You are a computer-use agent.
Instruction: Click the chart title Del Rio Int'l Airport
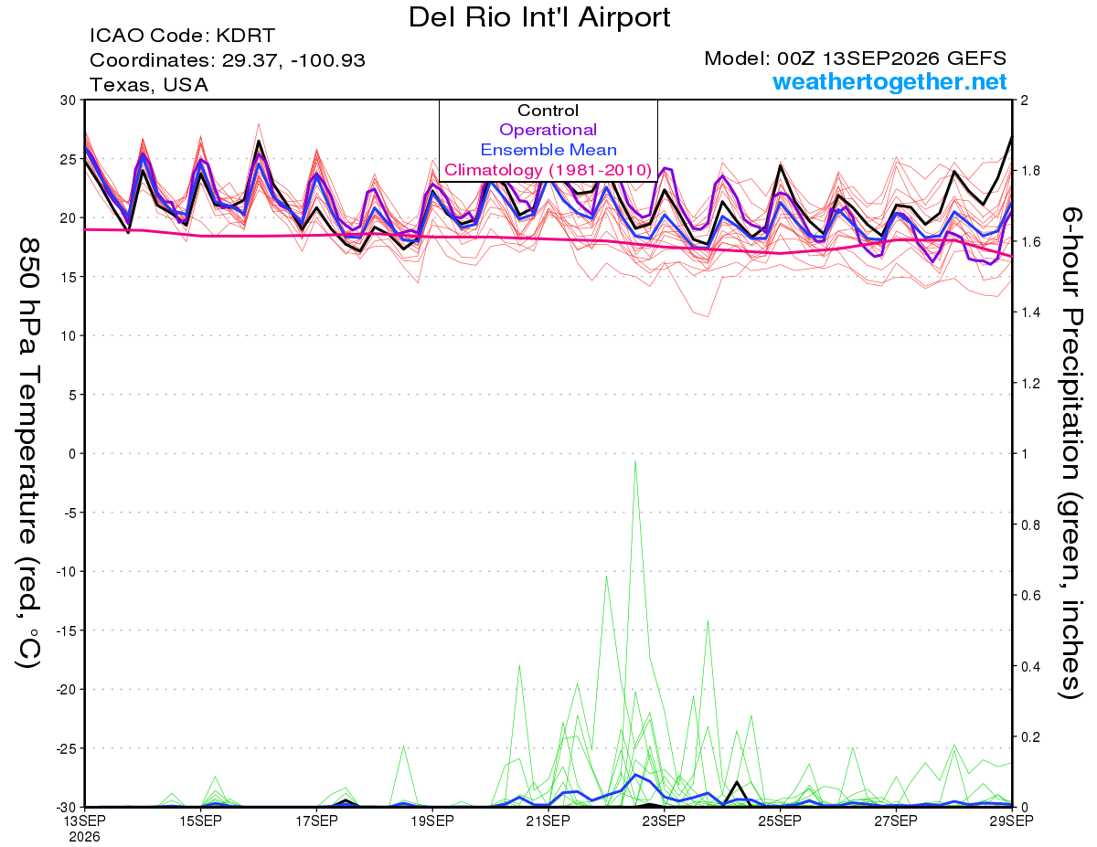[x=539, y=17]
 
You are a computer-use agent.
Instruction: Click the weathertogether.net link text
[x=889, y=81]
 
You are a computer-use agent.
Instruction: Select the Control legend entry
[x=548, y=111]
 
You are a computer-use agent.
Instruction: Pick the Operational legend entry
[x=548, y=130]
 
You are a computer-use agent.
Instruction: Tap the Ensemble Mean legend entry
[x=548, y=150]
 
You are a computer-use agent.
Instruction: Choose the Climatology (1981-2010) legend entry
[x=548, y=170]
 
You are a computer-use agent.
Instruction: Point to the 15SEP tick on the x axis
[x=200, y=821]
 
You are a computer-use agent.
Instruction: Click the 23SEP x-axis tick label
[x=664, y=821]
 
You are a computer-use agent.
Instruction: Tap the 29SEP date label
[x=1011, y=821]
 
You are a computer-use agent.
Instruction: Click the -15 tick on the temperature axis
[x=66, y=630]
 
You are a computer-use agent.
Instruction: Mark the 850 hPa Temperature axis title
[x=29, y=453]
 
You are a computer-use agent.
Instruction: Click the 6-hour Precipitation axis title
[x=1070, y=452]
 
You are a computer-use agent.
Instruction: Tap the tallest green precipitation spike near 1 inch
[x=635, y=461]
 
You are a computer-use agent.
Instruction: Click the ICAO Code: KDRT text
[x=182, y=36]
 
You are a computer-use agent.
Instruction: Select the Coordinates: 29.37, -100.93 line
[x=228, y=60]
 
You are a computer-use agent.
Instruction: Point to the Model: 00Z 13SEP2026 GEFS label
[x=855, y=58]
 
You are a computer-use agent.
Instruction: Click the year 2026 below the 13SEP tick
[x=84, y=838]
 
